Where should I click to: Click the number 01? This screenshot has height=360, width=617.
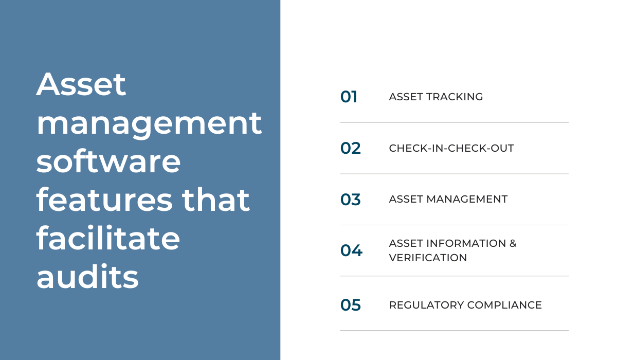[x=349, y=97]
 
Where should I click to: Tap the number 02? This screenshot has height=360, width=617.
[x=350, y=148]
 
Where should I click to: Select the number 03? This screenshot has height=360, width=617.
[x=350, y=200]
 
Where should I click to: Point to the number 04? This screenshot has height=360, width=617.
[x=351, y=250]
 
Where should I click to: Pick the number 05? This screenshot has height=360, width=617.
[x=350, y=305]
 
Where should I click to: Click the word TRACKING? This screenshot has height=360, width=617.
[x=455, y=97]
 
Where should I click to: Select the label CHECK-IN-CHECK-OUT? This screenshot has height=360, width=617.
[x=451, y=148]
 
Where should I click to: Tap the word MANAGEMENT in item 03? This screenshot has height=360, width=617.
[x=467, y=199]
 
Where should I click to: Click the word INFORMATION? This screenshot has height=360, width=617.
[x=466, y=243]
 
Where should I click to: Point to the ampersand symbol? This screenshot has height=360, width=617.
[x=513, y=243]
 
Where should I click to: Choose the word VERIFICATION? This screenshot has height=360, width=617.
[x=428, y=258]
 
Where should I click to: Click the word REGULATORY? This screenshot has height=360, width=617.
[x=426, y=305]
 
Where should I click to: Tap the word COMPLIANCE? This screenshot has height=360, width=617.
[x=504, y=305]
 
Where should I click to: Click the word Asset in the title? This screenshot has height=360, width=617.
[x=81, y=84]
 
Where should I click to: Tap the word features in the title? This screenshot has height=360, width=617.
[x=104, y=200]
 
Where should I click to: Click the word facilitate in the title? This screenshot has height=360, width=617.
[x=108, y=238]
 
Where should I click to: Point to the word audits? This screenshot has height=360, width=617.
[x=87, y=277]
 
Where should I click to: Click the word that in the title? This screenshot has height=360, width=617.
[x=215, y=200]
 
